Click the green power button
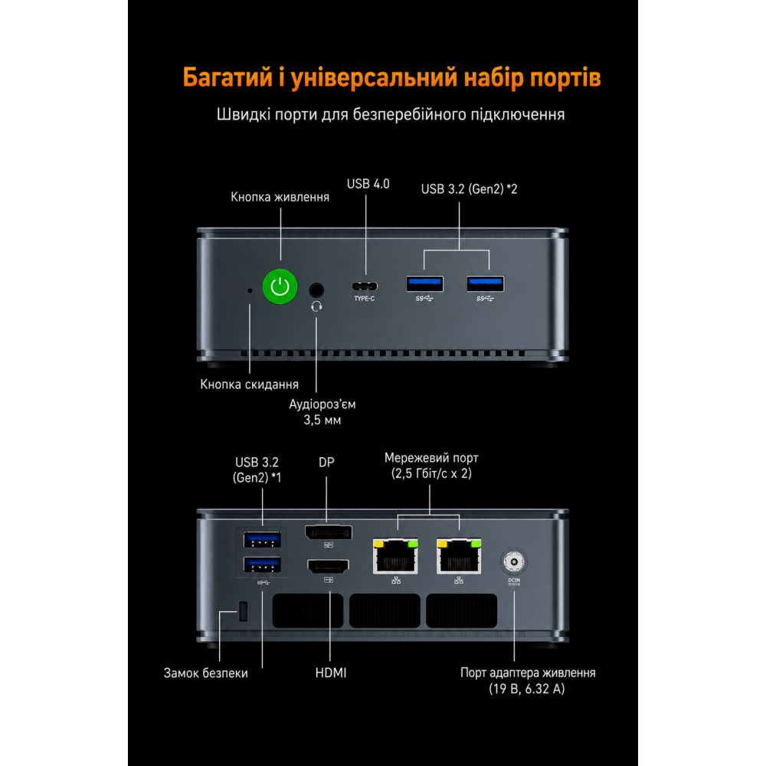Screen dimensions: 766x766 tap(280, 286)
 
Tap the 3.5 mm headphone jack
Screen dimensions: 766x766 tap(316, 290)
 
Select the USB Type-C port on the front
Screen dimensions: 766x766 tap(365, 286)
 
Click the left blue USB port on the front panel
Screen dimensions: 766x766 tap(425, 284)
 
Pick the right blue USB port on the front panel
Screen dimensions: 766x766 tap(486, 284)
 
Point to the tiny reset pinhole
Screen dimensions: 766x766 tap(250, 290)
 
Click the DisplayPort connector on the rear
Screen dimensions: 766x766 tap(329, 532)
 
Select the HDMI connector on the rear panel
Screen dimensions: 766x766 tap(329, 567)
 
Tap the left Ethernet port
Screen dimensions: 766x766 tap(396, 556)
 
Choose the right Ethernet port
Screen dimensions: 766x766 tap(459, 556)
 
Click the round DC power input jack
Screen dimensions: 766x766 tap(513, 561)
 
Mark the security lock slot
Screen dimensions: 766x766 tap(244, 611)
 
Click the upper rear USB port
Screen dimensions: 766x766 tap(262, 540)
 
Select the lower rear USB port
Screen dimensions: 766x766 tap(262, 565)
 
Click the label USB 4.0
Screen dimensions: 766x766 tap(368, 184)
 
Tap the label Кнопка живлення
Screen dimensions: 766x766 tap(280, 198)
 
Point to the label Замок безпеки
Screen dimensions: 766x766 tap(205, 673)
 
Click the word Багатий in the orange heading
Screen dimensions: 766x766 tap(228, 77)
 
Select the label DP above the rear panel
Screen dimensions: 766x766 tap(327, 462)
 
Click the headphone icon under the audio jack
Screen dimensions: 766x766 tap(316, 306)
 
